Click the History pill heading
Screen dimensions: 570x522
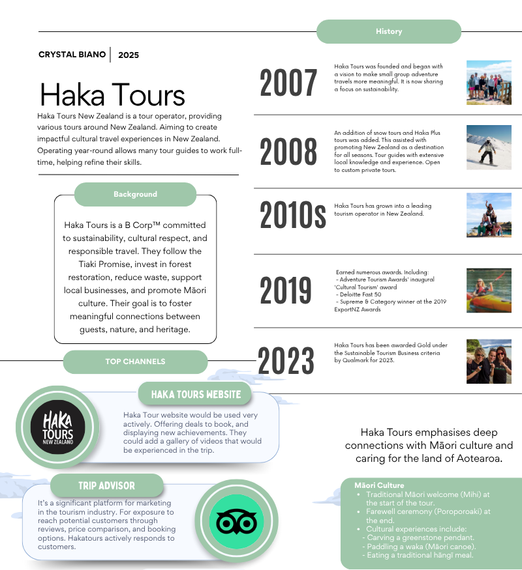(389, 31)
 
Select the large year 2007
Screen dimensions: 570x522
(288, 83)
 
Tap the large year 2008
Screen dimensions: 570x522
(288, 152)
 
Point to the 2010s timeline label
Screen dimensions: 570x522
(292, 215)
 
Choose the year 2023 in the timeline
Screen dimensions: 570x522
(286, 360)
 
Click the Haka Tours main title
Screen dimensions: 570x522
(112, 94)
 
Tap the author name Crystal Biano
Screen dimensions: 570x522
(72, 55)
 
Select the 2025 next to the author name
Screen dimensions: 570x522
(129, 55)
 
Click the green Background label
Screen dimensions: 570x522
(135, 194)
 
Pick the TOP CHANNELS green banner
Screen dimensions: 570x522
(135, 362)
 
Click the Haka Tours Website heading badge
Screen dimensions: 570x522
(196, 394)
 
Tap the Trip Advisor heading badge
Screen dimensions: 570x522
(106, 485)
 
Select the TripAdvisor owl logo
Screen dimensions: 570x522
(236, 521)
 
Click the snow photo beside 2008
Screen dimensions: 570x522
(489, 147)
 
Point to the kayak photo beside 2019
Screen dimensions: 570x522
(489, 290)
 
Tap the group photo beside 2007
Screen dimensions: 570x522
(489, 83)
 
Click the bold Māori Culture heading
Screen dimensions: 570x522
(379, 485)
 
